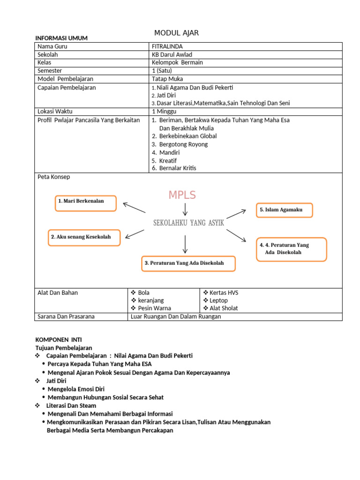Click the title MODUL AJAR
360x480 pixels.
click(x=176, y=32)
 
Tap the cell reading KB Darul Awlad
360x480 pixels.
click(x=172, y=54)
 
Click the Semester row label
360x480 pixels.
click(x=50, y=71)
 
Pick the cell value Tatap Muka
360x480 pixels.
click(x=167, y=79)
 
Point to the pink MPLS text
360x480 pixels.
click(x=182, y=195)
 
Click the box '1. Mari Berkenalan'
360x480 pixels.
click(x=86, y=203)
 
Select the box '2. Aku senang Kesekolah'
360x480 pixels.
click(x=84, y=237)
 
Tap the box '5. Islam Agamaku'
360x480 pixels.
click(x=284, y=210)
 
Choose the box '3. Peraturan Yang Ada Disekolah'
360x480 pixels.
click(x=188, y=263)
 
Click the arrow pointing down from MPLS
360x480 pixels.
click(x=186, y=209)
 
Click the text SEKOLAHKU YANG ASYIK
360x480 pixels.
click(x=189, y=223)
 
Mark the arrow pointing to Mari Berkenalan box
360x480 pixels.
click(x=134, y=207)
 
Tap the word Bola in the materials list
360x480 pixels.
click(x=144, y=292)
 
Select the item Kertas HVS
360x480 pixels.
click(x=224, y=292)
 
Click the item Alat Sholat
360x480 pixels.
click(x=224, y=308)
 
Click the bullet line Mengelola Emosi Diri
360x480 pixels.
click(x=76, y=389)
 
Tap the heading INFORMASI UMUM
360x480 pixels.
click(x=61, y=38)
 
